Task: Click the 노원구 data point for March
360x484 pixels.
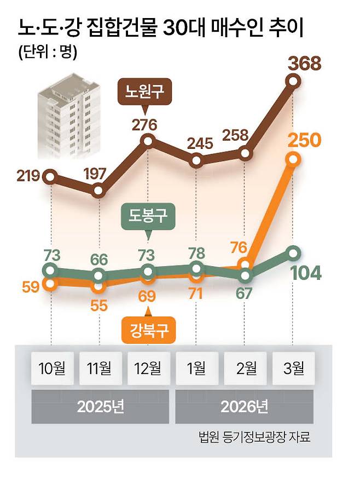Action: [x=294, y=82]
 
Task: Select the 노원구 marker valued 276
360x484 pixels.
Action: [x=148, y=141]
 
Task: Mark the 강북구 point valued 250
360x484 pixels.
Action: [x=294, y=159]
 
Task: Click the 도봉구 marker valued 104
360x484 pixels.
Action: [x=294, y=253]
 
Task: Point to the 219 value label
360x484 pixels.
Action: [x=28, y=176]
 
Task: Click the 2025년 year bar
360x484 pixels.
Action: [x=100, y=407]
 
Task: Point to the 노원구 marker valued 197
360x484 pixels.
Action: [x=98, y=191]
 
